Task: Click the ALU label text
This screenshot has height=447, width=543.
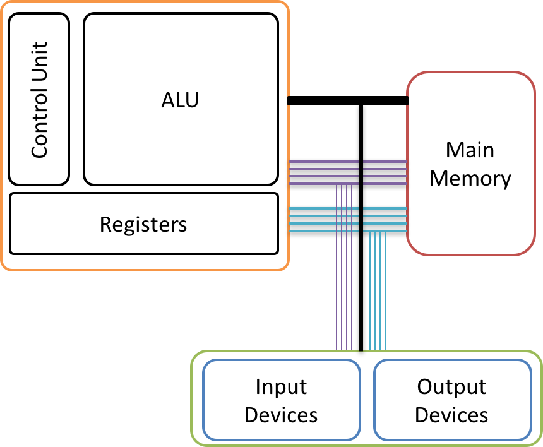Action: [180, 100]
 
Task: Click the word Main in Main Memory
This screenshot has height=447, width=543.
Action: [470, 150]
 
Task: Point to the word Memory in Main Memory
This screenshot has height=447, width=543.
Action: [470, 178]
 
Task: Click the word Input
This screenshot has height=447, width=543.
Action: [281, 386]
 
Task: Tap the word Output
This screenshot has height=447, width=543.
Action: [452, 386]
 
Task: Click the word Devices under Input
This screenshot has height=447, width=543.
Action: [281, 415]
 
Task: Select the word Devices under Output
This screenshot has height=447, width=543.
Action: [452, 415]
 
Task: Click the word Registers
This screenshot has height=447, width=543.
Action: [143, 224]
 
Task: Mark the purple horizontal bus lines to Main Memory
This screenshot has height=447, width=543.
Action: [385, 172]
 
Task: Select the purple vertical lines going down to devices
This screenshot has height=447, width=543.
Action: [345, 284]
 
